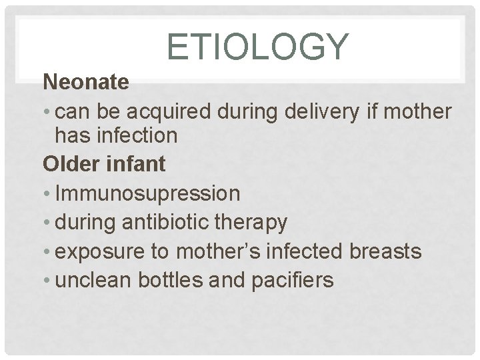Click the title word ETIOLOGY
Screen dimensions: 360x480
(257, 47)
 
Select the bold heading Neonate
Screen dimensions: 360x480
(86, 83)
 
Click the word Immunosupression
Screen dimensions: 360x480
(147, 194)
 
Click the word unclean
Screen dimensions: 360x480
(93, 280)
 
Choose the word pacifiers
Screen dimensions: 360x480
(293, 280)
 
